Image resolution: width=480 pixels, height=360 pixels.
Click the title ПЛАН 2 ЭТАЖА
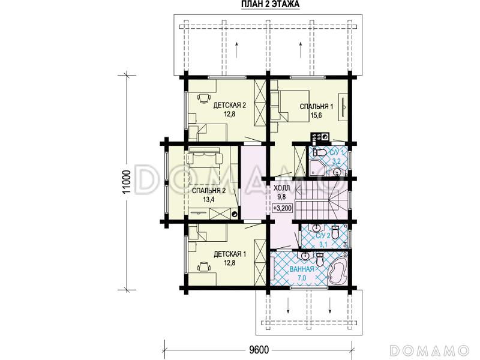point(270,4)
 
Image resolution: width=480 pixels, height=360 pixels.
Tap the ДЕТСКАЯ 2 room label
point(230,106)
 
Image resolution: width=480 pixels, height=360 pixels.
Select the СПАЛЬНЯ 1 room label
point(316,107)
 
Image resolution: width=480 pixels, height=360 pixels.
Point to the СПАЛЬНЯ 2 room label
point(209,191)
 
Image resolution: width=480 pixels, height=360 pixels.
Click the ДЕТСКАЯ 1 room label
point(230,254)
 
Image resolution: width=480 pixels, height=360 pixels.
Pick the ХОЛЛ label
point(281,188)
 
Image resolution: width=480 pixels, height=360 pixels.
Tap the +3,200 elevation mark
point(283,208)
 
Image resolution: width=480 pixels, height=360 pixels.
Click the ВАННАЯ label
point(302,269)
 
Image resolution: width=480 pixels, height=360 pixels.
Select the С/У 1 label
point(337,152)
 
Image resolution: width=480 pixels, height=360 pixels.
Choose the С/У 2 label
point(323,236)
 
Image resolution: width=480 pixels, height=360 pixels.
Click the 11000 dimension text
point(127,182)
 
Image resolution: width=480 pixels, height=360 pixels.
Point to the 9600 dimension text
point(259,349)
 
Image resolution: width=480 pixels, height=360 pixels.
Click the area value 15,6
point(316,115)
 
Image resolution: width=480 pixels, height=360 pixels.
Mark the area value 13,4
point(208,200)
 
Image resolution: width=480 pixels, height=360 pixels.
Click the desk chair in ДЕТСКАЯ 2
point(204,98)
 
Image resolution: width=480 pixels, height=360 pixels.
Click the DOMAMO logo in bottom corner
point(430,350)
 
